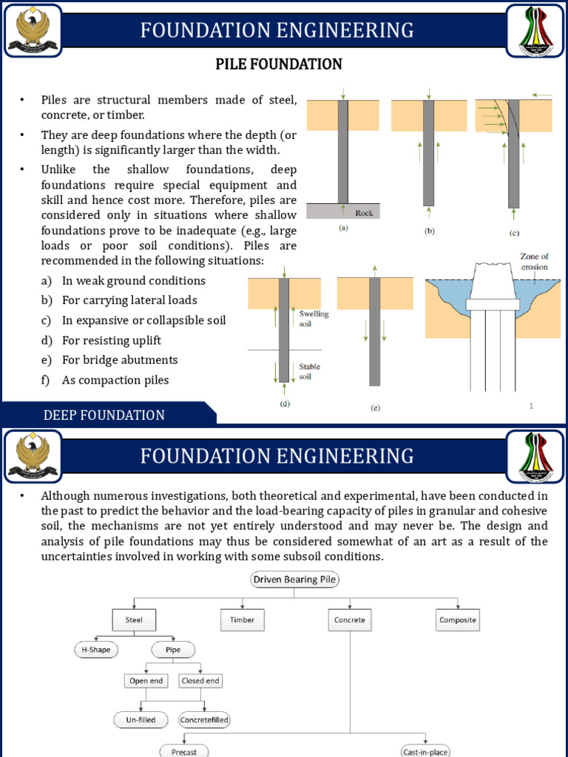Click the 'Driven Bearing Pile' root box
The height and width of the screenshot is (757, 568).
295,580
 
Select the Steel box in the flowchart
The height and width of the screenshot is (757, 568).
133,619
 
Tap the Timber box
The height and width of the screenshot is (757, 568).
242,619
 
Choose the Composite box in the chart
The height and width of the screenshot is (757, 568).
457,619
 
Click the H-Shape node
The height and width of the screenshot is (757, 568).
95,651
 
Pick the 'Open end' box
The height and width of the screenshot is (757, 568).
146,680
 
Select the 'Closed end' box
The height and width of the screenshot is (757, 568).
200,680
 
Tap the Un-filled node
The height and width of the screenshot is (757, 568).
140,719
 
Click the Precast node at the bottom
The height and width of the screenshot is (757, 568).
184,751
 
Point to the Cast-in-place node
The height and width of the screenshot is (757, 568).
425,751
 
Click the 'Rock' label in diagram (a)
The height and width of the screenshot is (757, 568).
364,212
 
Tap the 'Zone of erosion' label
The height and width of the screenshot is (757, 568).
533,262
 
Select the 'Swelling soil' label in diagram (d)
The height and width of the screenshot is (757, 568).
314,319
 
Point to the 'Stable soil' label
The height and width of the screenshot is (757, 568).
309,370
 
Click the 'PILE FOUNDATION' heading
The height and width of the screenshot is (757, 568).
279,64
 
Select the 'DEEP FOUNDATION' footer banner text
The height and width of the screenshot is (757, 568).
104,415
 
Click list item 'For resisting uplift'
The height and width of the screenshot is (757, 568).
111,340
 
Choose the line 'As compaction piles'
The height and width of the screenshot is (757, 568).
115,380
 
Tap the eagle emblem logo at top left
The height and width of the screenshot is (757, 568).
32,30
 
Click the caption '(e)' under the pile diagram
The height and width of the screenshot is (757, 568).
375,407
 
